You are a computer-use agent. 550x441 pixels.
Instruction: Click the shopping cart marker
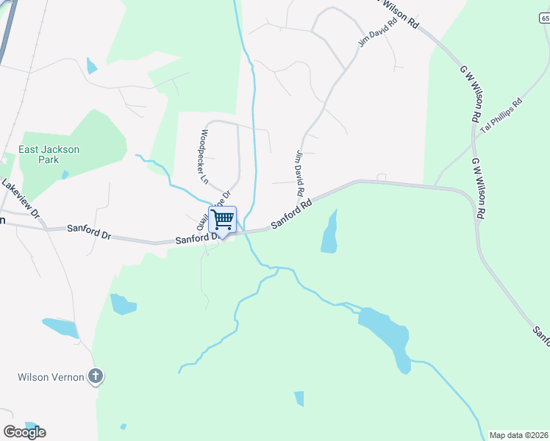click(222, 219)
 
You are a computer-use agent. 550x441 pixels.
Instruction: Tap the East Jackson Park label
click(49, 154)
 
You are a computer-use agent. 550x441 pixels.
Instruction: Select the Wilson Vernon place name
click(49, 377)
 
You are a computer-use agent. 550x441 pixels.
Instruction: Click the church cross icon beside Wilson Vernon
click(95, 377)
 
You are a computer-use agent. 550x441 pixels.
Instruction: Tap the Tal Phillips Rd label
click(501, 116)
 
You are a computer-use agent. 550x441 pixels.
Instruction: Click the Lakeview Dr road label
click(20, 199)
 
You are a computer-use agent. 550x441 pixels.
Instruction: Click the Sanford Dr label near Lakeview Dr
click(88, 233)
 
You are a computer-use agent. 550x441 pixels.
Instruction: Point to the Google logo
click(24, 431)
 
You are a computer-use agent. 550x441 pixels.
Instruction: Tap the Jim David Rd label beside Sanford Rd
click(300, 173)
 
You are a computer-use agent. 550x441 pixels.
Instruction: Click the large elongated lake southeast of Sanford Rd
click(386, 334)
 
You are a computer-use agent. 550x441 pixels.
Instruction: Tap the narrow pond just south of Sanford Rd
click(330, 234)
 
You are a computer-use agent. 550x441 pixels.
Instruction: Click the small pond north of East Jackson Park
click(91, 65)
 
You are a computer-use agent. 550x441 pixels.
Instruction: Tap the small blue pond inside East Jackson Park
click(65, 175)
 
